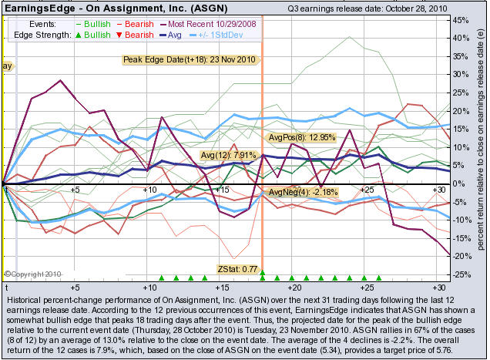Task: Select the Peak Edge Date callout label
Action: pos(188,59)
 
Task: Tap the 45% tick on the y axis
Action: pos(459,19)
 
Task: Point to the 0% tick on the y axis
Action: pos(459,183)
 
